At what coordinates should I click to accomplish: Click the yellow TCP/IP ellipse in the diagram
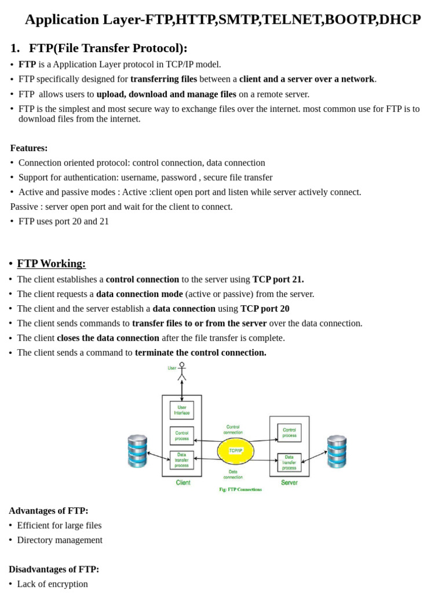[235, 450]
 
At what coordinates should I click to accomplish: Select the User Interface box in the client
[182, 410]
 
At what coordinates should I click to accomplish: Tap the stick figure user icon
[181, 371]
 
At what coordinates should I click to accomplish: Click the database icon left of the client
[137, 451]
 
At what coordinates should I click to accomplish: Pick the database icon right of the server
[337, 451]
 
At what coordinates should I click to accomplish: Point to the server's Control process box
[289, 433]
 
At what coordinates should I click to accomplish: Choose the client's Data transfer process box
[182, 460]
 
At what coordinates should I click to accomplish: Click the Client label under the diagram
[183, 482]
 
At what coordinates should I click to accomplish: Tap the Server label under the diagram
[289, 482]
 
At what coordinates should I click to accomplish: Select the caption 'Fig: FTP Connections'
[240, 489]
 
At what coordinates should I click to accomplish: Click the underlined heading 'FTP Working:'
[52, 263]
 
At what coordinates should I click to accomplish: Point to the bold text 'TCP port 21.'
[278, 279]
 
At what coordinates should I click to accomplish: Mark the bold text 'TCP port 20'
[265, 309]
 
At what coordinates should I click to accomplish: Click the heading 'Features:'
[29, 148]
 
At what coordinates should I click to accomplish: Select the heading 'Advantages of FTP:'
[49, 510]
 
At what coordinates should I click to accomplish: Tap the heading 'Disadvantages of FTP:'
[54, 569]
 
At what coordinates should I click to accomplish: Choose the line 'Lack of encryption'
[52, 584]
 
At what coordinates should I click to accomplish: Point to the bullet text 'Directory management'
[60, 540]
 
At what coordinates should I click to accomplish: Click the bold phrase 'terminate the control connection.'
[200, 352]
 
